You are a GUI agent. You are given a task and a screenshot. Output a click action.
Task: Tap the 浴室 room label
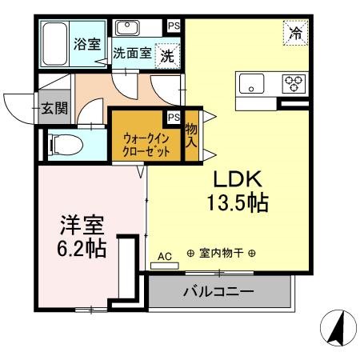[x=87, y=45]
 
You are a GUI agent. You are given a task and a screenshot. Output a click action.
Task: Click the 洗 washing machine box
[x=168, y=57]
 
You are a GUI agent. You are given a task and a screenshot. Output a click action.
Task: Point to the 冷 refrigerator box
[x=295, y=34]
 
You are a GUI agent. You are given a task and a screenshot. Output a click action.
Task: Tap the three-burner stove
[x=293, y=81]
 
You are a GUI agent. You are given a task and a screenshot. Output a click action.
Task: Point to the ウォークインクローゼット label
[x=146, y=142]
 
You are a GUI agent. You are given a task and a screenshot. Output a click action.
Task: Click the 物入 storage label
[x=191, y=135]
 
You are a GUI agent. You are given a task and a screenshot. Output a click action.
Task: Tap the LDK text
[x=235, y=178]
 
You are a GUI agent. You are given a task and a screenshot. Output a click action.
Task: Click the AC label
[x=165, y=256]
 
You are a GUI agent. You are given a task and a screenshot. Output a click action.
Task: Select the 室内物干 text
[x=220, y=254]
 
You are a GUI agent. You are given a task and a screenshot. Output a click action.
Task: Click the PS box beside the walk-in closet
[x=174, y=118]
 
